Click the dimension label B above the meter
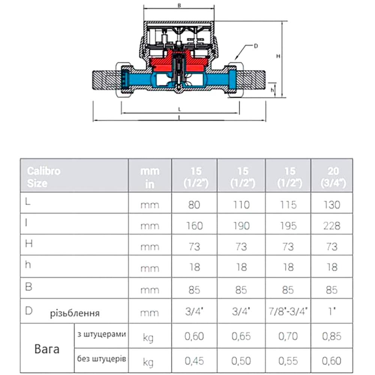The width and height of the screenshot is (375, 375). pos(179,6)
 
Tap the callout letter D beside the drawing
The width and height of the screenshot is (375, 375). pos(256,46)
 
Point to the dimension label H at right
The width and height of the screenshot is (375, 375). pos(278,56)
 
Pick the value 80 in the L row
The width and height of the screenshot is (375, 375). pos(194,205)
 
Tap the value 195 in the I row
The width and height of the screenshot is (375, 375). pos(289,226)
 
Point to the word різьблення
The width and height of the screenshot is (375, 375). pos(75,313)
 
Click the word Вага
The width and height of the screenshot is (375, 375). pos(47,349)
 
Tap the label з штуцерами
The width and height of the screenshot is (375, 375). pos(101,335)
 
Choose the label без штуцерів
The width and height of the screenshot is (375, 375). pos(101,359)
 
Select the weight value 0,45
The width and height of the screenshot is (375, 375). pos(194,361)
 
